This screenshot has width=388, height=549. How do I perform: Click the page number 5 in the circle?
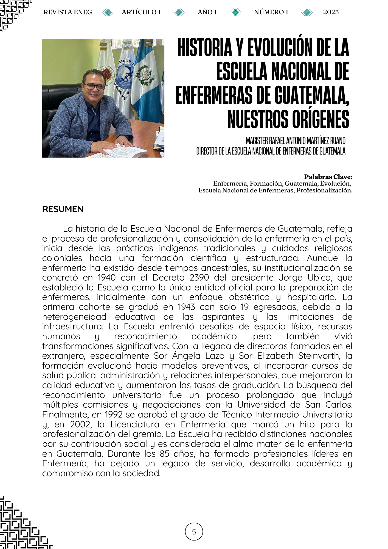(x=194, y=532)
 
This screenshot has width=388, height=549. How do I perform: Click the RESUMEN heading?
(x=63, y=209)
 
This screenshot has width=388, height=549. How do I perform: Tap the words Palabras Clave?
(x=328, y=177)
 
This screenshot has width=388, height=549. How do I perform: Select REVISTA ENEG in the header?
(x=68, y=12)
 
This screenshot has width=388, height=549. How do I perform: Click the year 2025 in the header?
(x=331, y=12)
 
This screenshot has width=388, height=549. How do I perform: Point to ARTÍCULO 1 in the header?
(x=141, y=12)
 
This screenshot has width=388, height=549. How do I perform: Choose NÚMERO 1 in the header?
(x=271, y=12)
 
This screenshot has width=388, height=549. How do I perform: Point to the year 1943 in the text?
(x=186, y=307)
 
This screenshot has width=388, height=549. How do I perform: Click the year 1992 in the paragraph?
(x=113, y=414)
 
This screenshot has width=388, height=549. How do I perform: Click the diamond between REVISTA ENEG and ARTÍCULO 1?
(x=108, y=12)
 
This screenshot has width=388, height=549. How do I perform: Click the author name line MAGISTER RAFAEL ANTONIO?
(x=296, y=141)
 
